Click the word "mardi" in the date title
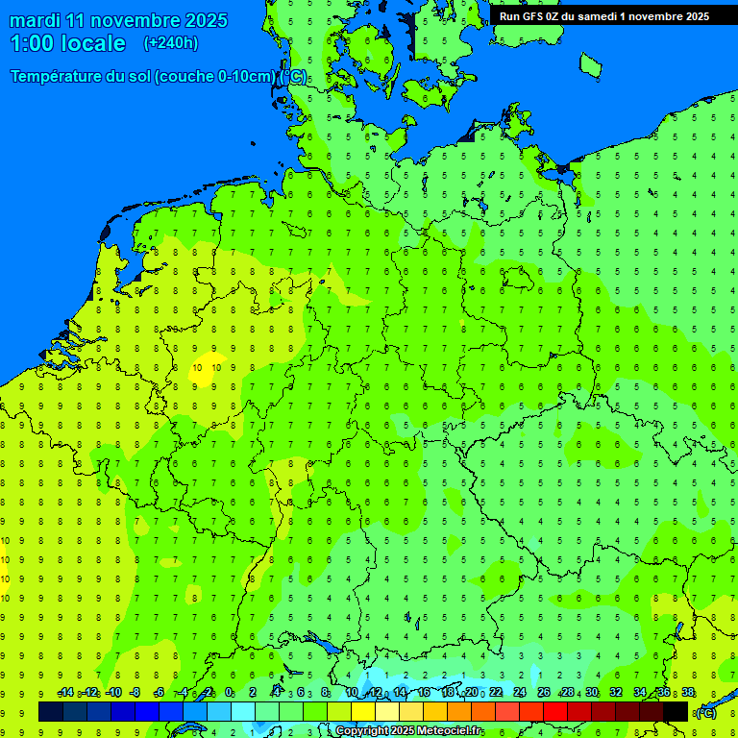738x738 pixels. click(x=35, y=20)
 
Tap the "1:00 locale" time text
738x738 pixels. click(x=67, y=43)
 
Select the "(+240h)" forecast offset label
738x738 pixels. click(x=171, y=42)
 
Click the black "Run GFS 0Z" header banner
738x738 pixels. click(x=615, y=15)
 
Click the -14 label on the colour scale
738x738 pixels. click(x=65, y=693)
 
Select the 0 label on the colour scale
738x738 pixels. click(x=229, y=693)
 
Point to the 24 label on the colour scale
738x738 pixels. click(x=520, y=693)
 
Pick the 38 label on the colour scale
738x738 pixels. click(x=688, y=693)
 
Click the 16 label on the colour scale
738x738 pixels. click(x=424, y=693)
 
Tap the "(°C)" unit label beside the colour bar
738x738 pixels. click(x=705, y=712)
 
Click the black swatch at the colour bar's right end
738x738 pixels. click(x=676, y=711)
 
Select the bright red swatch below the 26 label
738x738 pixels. click(x=555, y=711)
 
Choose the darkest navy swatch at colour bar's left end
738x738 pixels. click(x=51, y=711)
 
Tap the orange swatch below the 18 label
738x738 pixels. click(x=459, y=711)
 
